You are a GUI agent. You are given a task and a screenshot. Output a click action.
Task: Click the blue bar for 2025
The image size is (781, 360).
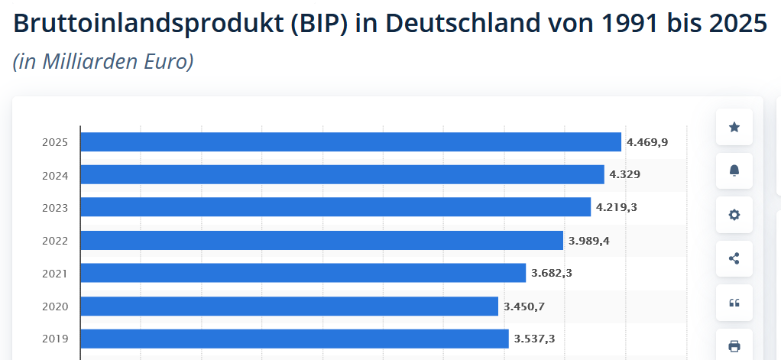point(350,142)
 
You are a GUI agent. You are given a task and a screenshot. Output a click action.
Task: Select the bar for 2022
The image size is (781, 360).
point(321,241)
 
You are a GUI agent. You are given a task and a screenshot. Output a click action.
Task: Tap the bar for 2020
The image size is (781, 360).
point(289,306)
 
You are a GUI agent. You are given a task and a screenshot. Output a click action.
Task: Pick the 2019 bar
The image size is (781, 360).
point(294,339)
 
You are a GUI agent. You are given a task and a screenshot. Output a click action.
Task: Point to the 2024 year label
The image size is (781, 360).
point(55,175)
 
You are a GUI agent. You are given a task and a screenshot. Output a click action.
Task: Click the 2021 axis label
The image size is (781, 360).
point(55,274)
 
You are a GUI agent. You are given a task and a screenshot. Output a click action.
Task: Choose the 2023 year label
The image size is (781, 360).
point(55,208)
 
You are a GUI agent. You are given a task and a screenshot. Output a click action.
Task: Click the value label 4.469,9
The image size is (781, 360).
point(647,142)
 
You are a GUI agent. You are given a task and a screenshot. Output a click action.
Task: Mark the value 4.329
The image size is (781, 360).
point(624,174)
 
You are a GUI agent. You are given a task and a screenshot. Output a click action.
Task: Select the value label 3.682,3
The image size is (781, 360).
point(552,273)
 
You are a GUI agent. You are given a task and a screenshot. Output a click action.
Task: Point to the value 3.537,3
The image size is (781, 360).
point(534,339)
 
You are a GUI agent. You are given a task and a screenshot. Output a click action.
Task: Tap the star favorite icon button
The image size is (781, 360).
point(734,127)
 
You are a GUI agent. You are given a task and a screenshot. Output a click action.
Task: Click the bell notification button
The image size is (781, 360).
point(734,170)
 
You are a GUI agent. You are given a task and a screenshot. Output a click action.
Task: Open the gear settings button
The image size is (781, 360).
point(734,215)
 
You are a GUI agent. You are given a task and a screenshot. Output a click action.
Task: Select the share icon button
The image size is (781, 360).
point(734,258)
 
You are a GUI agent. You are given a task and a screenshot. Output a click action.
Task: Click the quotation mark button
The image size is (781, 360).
point(734,303)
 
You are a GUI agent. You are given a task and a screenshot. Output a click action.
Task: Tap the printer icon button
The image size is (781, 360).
point(734,346)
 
